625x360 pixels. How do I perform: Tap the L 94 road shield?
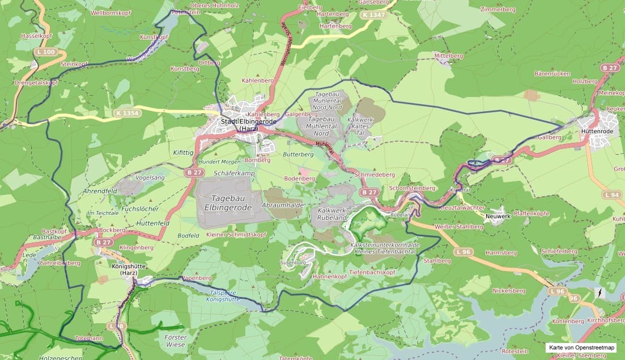point(612,195)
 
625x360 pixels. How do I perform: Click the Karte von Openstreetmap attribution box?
point(581,348)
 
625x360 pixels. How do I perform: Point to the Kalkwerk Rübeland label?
point(331,214)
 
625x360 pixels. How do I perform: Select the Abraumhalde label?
point(283,205)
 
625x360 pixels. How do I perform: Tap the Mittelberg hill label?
point(449,56)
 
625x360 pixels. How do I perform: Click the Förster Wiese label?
point(175,341)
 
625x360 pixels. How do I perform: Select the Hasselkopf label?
point(32,35)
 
